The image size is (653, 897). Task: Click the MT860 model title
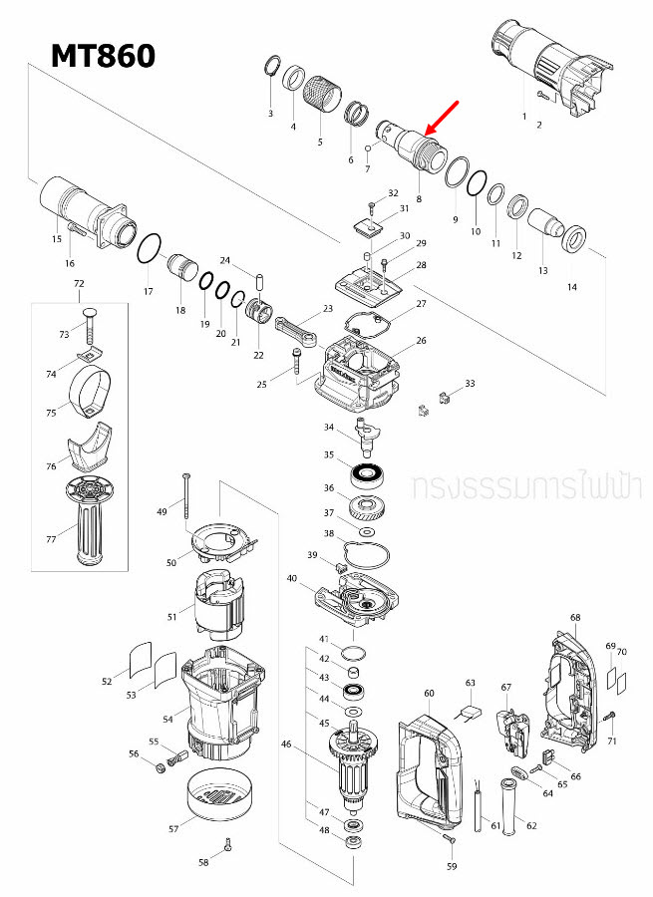104,55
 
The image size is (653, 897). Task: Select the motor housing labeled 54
221,703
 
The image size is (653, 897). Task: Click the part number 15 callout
57,239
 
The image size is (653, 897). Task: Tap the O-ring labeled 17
149,248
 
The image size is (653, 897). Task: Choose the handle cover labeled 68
569,687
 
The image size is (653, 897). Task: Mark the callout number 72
79,284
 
